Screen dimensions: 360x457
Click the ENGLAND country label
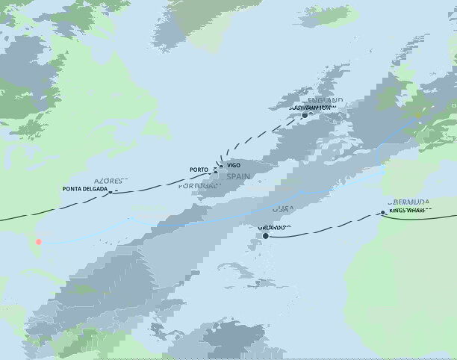(325, 99)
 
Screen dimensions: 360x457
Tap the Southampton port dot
(305, 115)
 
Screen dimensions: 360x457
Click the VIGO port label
(234, 164)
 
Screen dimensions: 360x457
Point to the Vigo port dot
(221, 165)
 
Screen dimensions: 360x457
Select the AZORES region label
(109, 181)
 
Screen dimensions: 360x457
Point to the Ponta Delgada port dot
(111, 192)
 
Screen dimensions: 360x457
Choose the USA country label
(285, 209)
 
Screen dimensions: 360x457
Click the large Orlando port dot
(265, 236)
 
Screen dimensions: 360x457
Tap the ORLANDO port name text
(274, 227)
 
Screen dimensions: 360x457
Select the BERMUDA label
(409, 202)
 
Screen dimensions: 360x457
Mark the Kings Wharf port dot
(382, 213)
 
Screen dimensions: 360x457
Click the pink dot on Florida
(38, 241)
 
